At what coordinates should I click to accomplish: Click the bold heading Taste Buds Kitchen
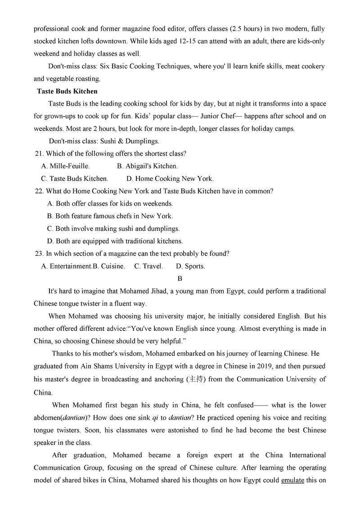tap(67, 91)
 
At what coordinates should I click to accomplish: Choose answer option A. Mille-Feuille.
tap(65, 166)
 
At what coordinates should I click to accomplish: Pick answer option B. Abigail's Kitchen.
tap(147, 166)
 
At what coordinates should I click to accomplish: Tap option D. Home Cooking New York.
tap(170, 179)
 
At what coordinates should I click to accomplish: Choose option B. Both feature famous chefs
tap(110, 216)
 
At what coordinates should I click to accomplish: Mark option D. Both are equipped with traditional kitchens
tap(115, 241)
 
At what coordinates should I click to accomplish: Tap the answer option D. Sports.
tap(190, 266)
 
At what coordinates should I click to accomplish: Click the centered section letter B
tap(180, 279)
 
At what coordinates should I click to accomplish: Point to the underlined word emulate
tap(292, 481)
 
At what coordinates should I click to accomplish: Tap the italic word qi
tap(155, 417)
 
